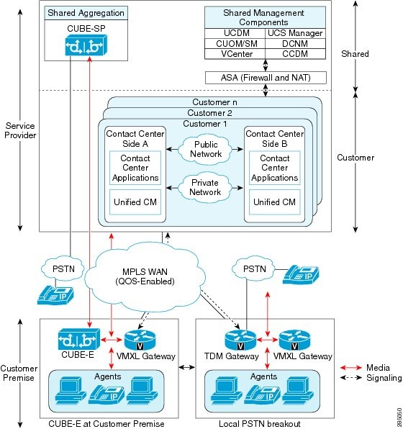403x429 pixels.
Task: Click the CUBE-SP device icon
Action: [x=80, y=45]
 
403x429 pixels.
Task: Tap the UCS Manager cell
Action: [x=295, y=34]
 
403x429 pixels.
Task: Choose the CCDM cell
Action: [x=295, y=54]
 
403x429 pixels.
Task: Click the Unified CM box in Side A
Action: [x=135, y=202]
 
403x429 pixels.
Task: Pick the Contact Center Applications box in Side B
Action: [x=274, y=168]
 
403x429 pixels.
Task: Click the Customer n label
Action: [x=216, y=102]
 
